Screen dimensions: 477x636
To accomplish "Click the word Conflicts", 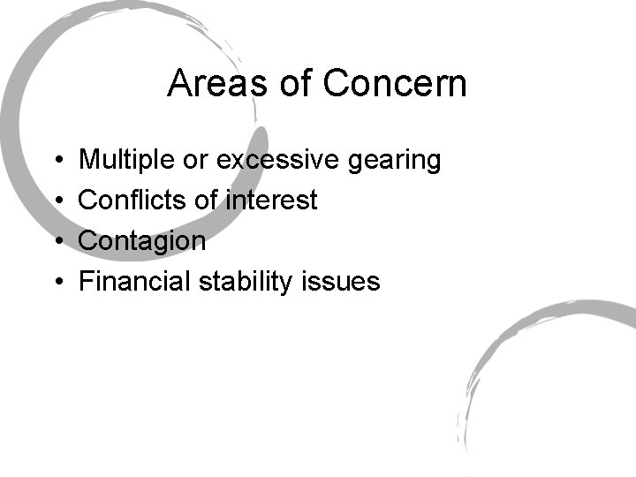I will pyautogui.click(x=132, y=201).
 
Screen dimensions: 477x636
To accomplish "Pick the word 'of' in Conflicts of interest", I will pyautogui.click(x=205, y=201).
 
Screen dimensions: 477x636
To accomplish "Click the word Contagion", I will pyautogui.click(x=142, y=241).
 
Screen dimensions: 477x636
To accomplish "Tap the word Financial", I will pyautogui.click(x=135, y=282).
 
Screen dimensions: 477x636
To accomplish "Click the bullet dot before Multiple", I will pyautogui.click(x=57, y=161).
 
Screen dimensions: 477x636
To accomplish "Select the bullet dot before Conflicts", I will pyautogui.click(x=57, y=201).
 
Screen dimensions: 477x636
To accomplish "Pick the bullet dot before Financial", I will pyautogui.click(x=57, y=283).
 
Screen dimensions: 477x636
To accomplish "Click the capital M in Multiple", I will pyautogui.click(x=88, y=160).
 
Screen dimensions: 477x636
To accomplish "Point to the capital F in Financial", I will pyautogui.click(x=86, y=282).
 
